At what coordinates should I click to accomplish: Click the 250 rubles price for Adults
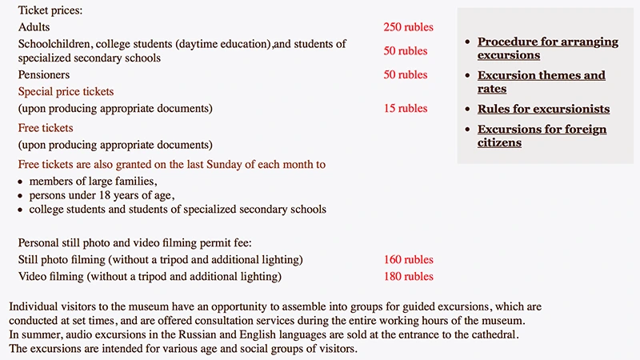408,27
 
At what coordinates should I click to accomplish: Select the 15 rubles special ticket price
406,109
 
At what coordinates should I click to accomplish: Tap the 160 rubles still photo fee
408,260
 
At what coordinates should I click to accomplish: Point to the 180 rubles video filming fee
408,277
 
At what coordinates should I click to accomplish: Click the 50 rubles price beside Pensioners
406,75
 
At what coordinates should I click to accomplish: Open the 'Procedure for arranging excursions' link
547,48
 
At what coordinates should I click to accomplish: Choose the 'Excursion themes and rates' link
541,82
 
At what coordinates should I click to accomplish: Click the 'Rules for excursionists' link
543,109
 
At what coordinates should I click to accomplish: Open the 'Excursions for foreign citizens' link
542,136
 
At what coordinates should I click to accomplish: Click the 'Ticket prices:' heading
50,11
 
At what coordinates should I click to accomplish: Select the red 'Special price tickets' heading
66,92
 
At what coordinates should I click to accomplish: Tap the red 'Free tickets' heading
46,128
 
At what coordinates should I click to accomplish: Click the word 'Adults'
34,27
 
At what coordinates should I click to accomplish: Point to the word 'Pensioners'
46,75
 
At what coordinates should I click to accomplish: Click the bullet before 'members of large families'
22,182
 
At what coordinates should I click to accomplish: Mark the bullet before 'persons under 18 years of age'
22,196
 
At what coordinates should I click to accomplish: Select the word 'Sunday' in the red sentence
210,165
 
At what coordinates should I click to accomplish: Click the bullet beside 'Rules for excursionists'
467,110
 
